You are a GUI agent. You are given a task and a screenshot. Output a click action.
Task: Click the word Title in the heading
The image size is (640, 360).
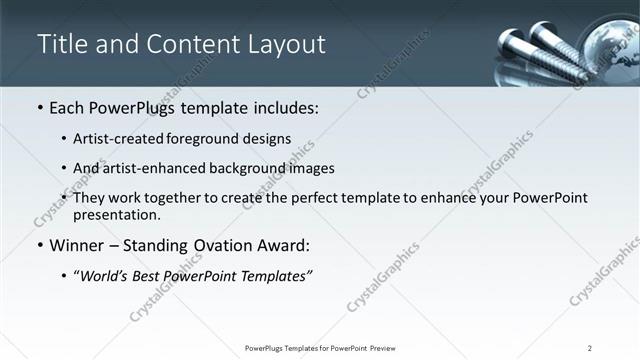pyautogui.click(x=62, y=44)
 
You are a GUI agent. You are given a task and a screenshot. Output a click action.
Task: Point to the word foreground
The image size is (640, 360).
pyautogui.click(x=221, y=139)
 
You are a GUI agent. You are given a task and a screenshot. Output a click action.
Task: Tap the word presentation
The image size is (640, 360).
pyautogui.click(x=116, y=214)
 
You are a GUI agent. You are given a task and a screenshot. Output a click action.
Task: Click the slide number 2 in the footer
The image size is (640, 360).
pyautogui.click(x=590, y=348)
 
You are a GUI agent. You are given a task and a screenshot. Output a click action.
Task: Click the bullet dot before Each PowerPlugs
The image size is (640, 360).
pyautogui.click(x=39, y=107)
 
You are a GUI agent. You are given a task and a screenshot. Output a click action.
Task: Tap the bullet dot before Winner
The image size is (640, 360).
pyautogui.click(x=39, y=245)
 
